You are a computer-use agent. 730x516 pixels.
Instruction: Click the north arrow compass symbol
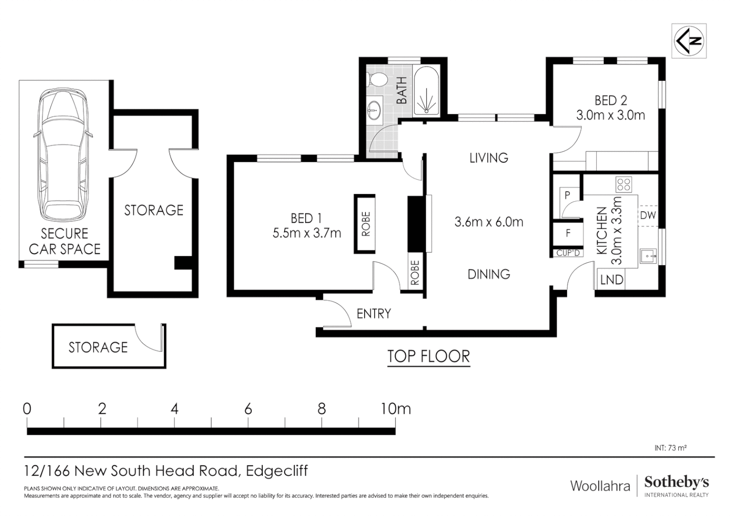tap(688, 41)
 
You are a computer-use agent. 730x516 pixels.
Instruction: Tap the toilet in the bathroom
tap(376, 79)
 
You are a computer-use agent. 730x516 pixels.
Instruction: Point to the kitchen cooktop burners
tap(623, 184)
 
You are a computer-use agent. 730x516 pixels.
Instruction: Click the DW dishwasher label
tap(648, 215)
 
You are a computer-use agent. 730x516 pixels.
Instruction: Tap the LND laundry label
tap(612, 279)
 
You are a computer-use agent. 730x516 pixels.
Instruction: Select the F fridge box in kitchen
tap(568, 234)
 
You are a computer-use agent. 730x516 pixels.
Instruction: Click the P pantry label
tap(568, 195)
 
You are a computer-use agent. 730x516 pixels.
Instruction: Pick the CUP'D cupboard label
tap(568, 253)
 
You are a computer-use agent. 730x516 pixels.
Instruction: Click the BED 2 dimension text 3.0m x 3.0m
tap(611, 115)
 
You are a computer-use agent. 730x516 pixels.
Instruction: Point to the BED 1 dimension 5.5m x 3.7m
tap(307, 233)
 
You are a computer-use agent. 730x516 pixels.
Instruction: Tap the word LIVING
tap(488, 158)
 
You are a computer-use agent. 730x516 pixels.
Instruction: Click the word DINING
tap(488, 274)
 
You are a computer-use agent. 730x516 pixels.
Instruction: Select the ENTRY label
tap(374, 314)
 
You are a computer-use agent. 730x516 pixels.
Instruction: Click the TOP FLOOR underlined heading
tap(429, 356)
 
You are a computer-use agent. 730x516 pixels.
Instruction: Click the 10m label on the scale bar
tap(396, 409)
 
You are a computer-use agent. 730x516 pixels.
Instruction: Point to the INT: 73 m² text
tap(670, 448)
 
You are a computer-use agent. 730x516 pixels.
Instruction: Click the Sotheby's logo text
tap(676, 483)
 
